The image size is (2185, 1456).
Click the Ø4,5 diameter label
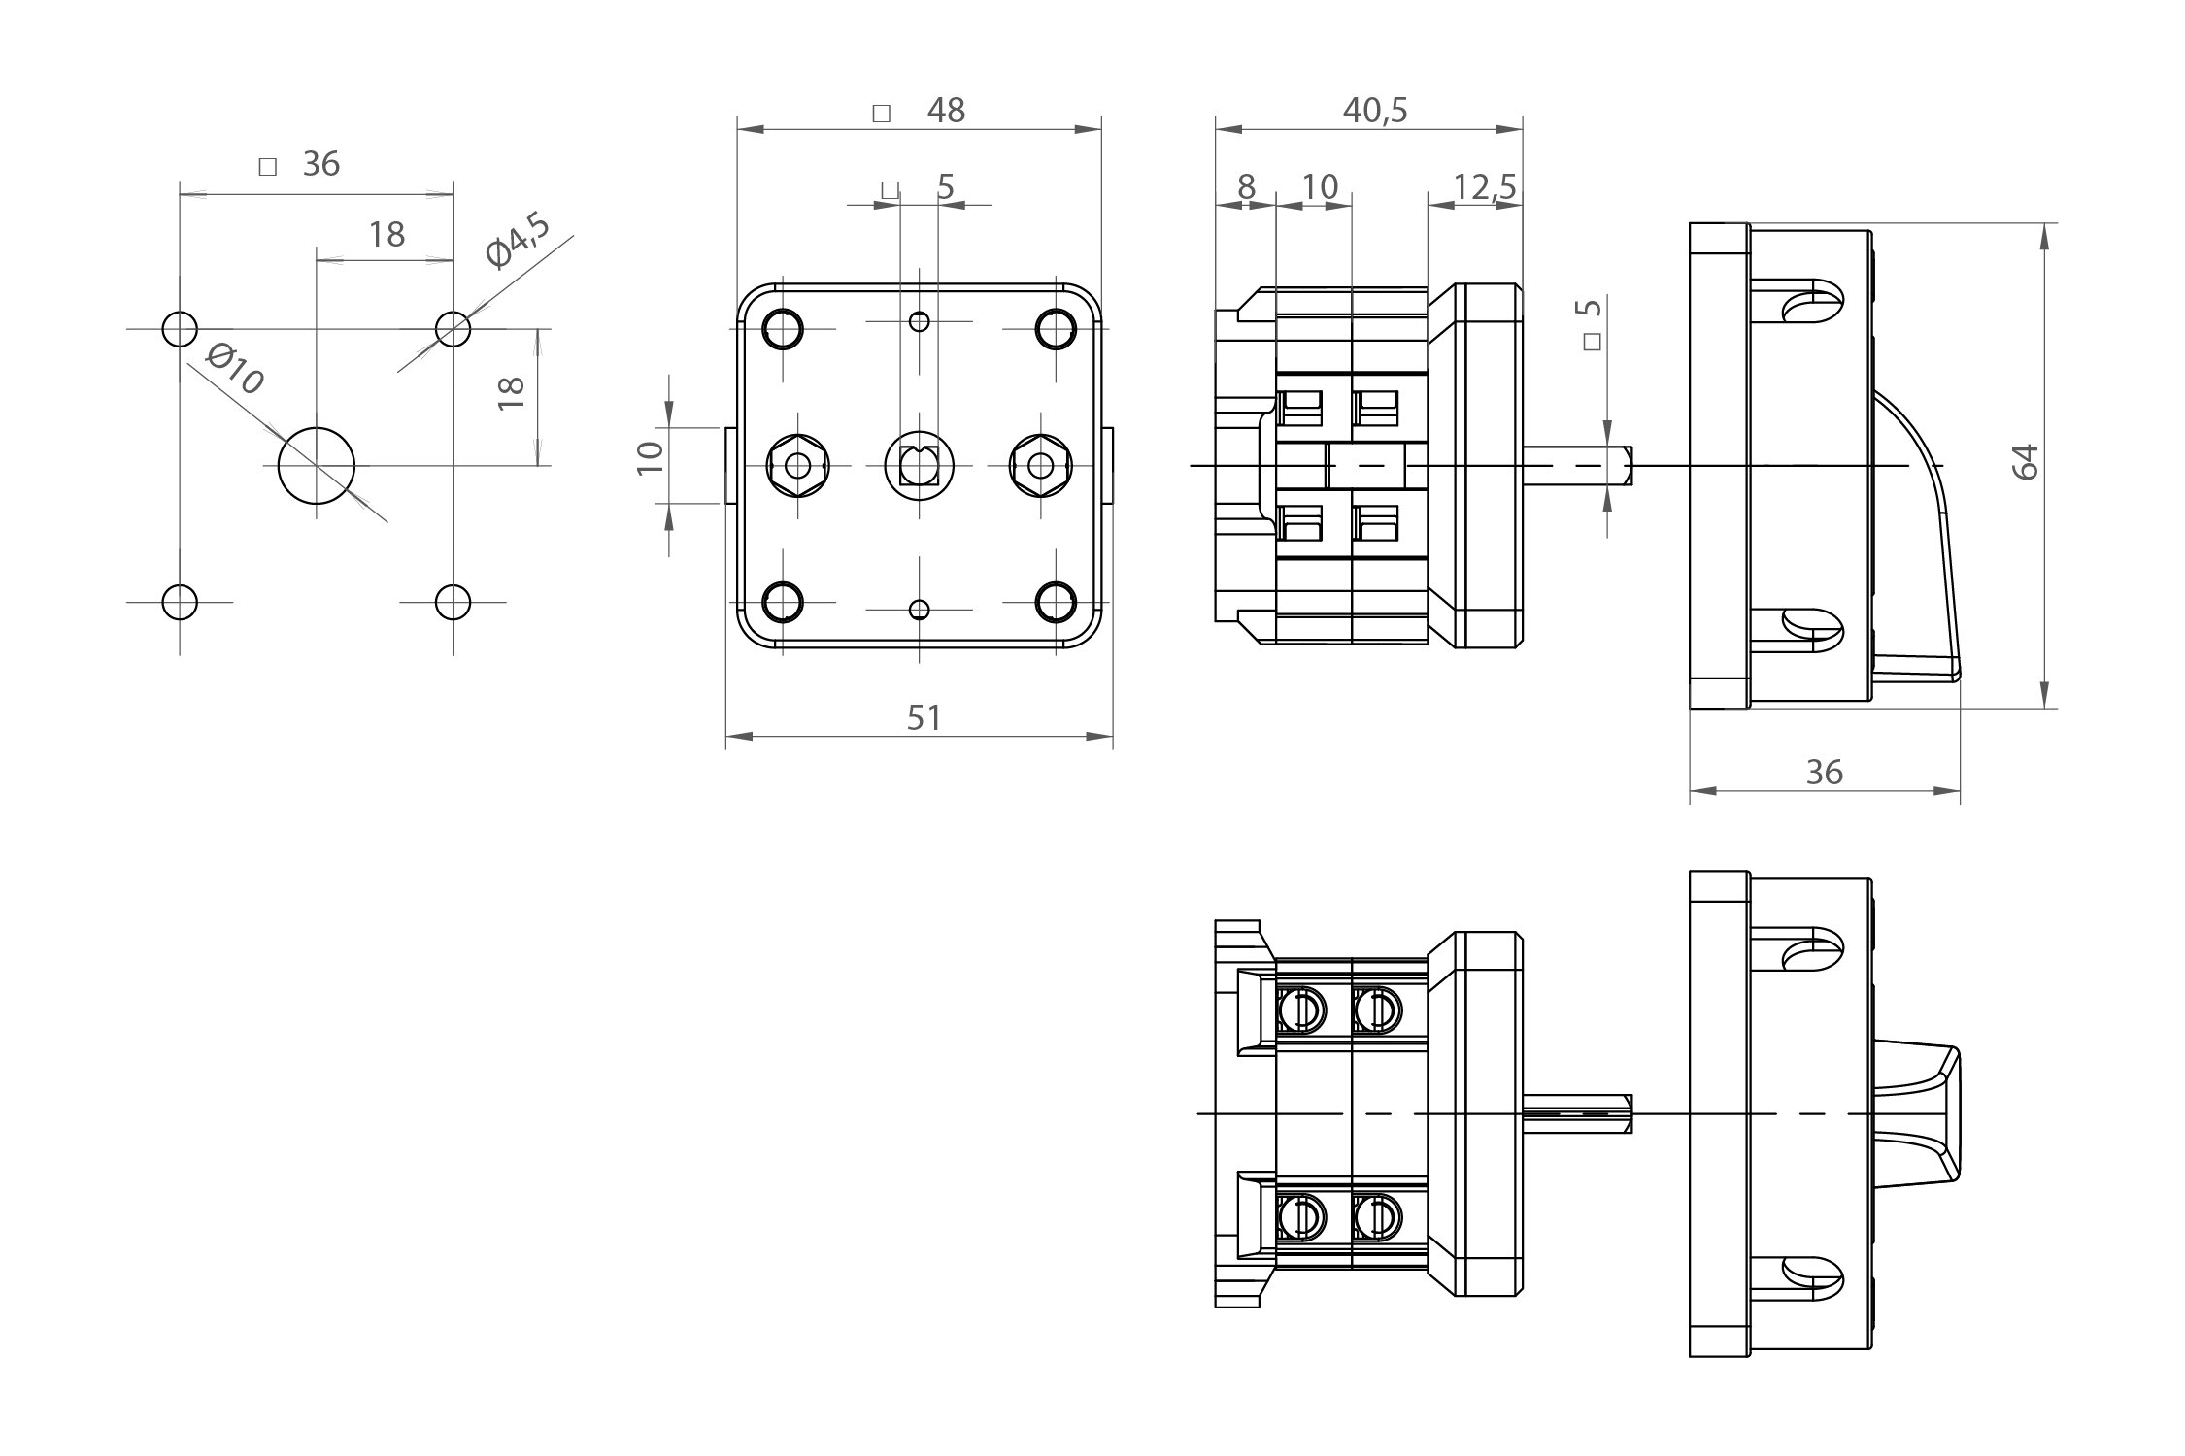click(x=518, y=241)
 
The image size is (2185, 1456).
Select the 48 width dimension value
click(x=946, y=111)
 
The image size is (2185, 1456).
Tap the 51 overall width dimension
click(x=924, y=718)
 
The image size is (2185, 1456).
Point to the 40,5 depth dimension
click(x=1375, y=111)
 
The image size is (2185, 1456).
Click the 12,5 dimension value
click(x=1485, y=187)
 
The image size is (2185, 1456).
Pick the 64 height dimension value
click(x=2026, y=462)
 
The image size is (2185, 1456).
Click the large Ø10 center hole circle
click(x=317, y=466)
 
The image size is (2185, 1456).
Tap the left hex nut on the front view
click(x=798, y=466)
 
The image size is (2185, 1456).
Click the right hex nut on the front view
click(x=1040, y=466)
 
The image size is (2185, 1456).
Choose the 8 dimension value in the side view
click(x=1246, y=186)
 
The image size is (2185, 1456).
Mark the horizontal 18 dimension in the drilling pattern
click(x=387, y=235)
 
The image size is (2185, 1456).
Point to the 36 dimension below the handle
click(x=1824, y=773)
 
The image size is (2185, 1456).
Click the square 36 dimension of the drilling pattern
click(x=320, y=164)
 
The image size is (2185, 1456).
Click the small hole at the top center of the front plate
click(x=919, y=321)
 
